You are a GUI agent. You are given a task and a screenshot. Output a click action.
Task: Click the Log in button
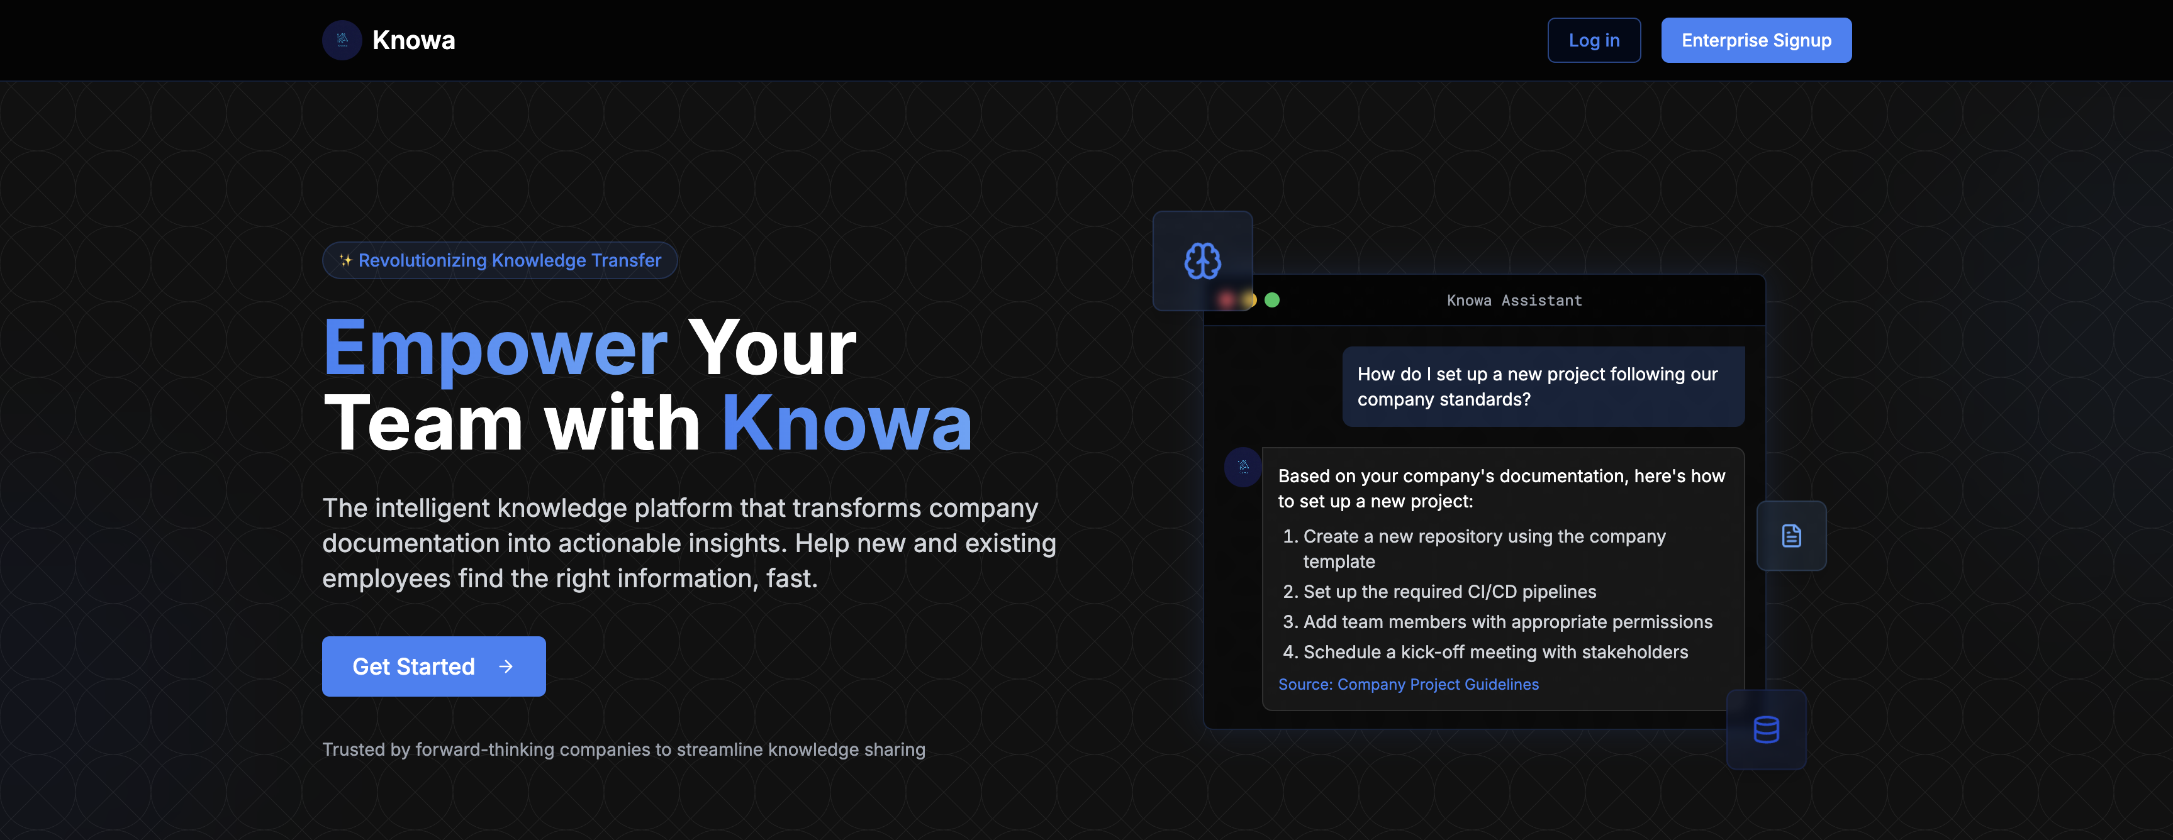click(x=1594, y=40)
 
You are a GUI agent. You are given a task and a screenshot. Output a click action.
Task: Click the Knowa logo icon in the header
click(x=342, y=40)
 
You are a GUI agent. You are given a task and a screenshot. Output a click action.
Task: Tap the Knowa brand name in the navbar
click(x=413, y=40)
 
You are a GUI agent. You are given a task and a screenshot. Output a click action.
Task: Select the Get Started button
click(x=433, y=666)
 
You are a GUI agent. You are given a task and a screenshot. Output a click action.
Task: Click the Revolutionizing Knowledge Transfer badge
click(x=500, y=260)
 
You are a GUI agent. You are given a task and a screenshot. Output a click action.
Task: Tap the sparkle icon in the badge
click(x=345, y=260)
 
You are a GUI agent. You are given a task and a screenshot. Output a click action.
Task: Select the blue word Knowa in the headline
click(x=847, y=423)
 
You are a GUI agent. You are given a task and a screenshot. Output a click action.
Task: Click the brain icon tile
click(x=1202, y=260)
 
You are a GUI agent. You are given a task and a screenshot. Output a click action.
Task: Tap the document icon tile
click(x=1791, y=536)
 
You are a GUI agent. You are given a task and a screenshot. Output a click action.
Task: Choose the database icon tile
click(x=1765, y=729)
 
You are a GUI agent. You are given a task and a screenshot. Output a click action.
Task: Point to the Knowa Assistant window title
click(x=1514, y=301)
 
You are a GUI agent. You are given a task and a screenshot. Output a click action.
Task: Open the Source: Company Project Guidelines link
click(x=1408, y=684)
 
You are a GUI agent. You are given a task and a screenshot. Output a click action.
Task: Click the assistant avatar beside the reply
click(x=1243, y=467)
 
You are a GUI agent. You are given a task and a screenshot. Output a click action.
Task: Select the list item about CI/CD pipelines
click(x=1440, y=591)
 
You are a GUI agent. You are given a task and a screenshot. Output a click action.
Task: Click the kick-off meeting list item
click(x=1485, y=652)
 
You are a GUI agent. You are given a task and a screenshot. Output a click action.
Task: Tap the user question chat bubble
click(x=1543, y=386)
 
